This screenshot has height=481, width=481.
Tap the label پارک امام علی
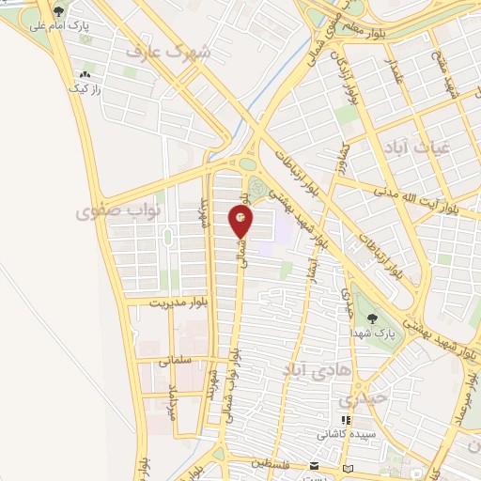60,26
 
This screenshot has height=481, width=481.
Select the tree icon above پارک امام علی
60,11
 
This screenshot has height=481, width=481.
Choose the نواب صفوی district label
114,211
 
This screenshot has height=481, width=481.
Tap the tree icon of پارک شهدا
374,319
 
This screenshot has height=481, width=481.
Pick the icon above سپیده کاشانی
346,421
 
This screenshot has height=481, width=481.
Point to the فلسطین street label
275,463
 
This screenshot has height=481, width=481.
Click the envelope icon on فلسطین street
316,467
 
